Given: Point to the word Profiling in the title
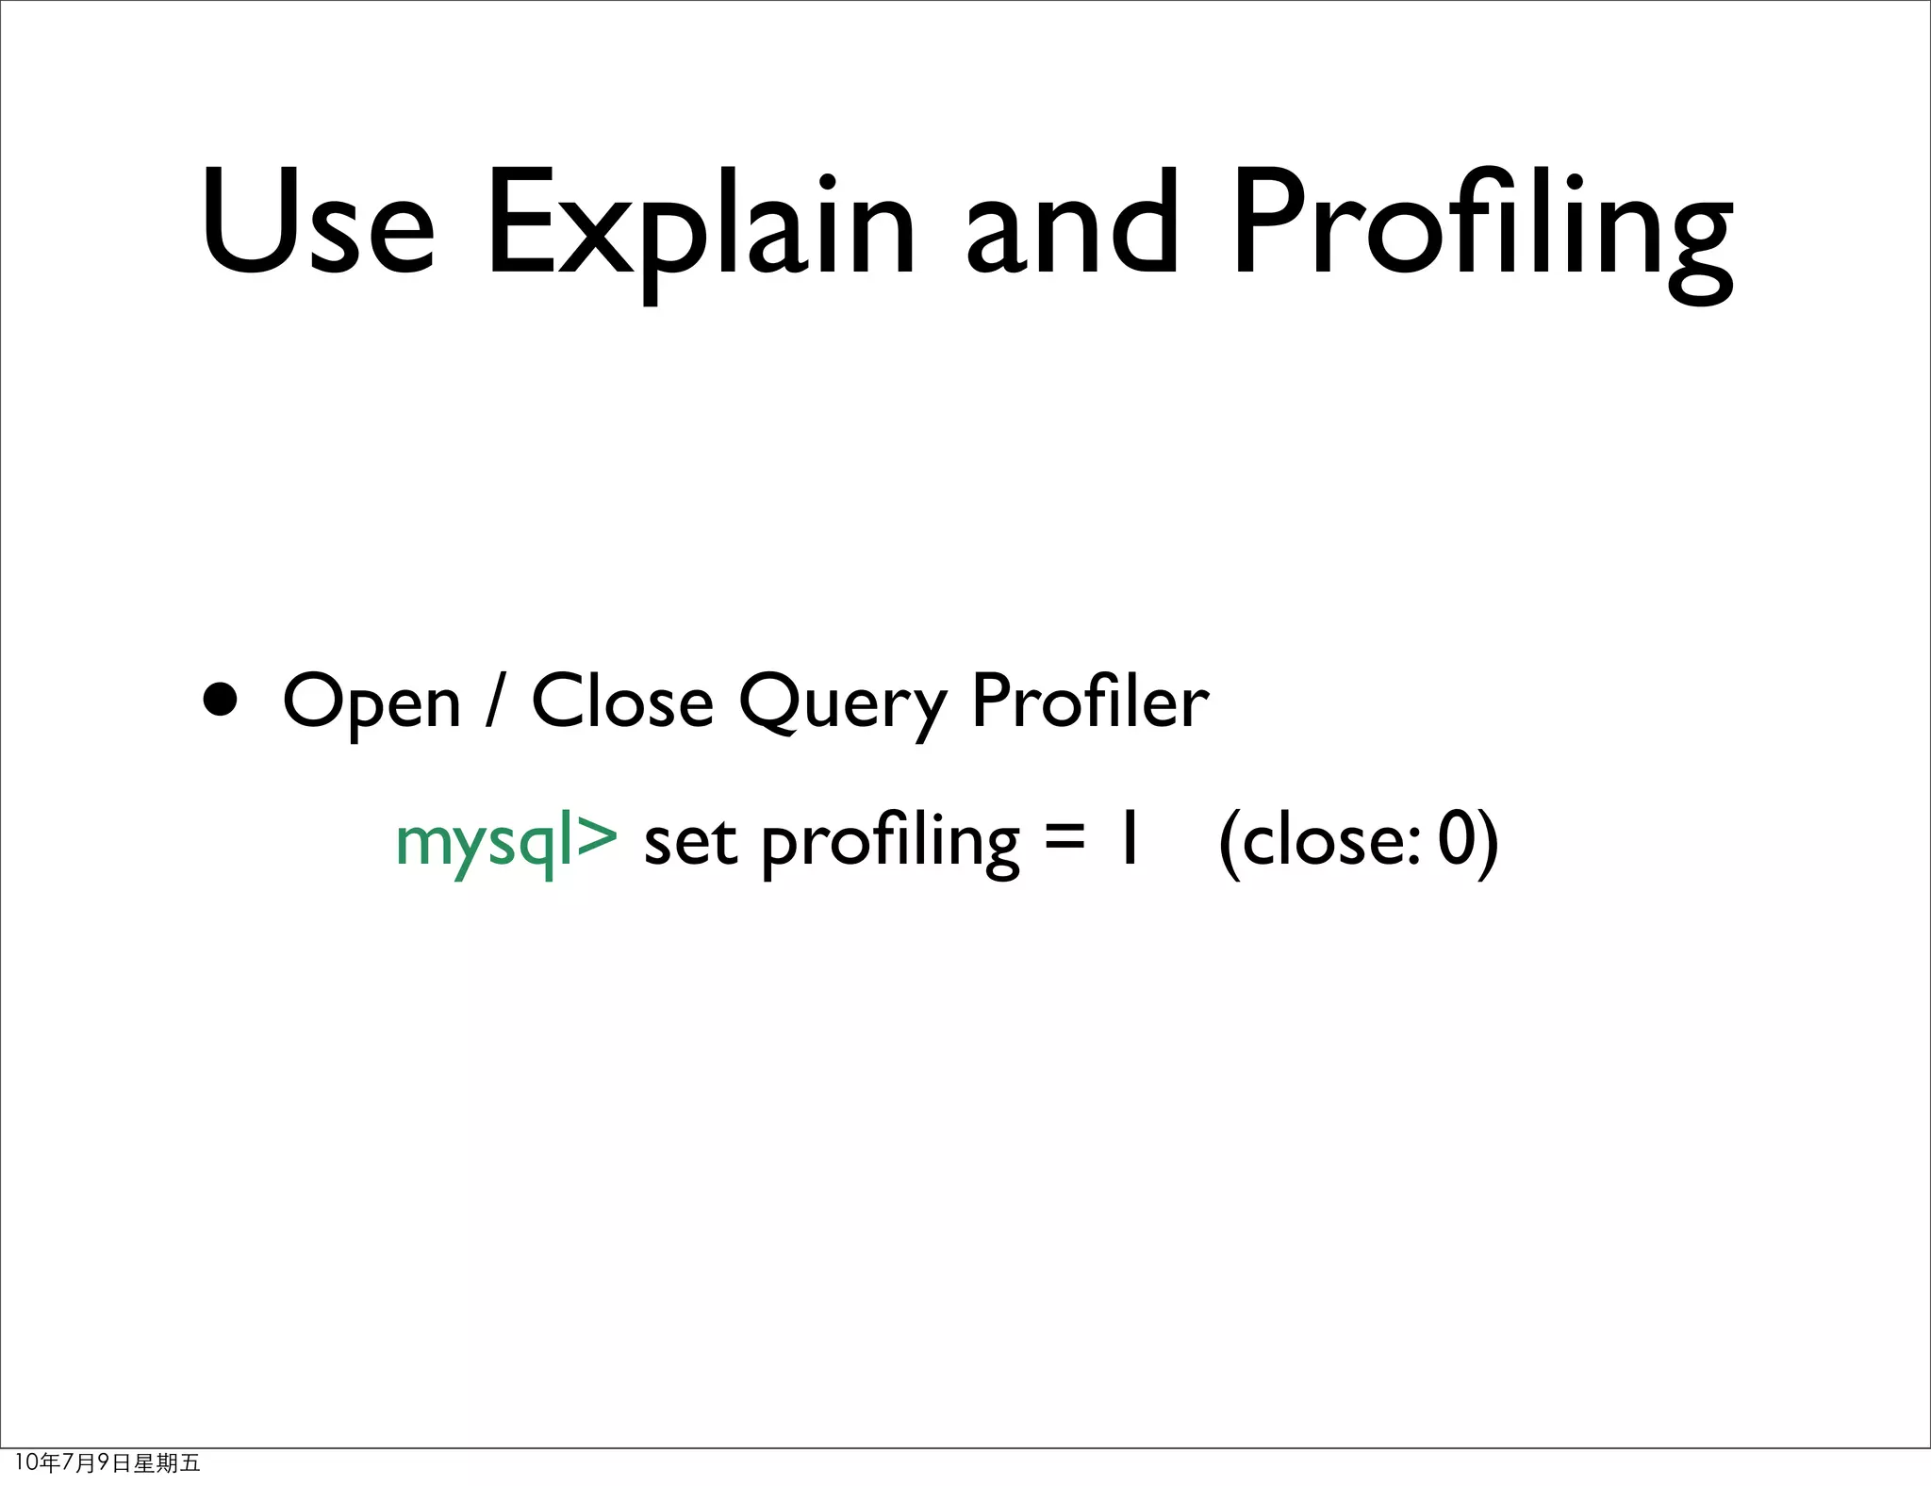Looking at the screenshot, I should coord(1481,231).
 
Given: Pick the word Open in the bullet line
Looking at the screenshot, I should coord(371,703).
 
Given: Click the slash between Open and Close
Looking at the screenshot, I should coord(492,702).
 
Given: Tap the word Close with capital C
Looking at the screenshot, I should coord(622,702).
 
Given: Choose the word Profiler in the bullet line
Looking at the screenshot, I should coord(1089,702).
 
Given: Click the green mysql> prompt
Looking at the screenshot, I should coord(506,842).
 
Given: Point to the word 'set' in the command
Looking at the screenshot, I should coord(689,842).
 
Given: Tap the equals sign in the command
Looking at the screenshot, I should coord(1065,840).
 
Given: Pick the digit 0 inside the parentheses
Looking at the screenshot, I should coord(1457,840).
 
